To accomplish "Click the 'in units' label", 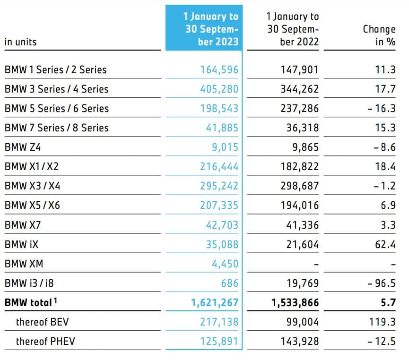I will click(20, 42).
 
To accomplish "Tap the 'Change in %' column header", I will click(379, 35).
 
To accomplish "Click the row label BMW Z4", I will click(23, 147).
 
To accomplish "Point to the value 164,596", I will click(219, 70).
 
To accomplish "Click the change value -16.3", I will click(382, 108).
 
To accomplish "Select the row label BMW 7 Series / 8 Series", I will click(56, 128).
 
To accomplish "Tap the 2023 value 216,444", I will click(219, 166).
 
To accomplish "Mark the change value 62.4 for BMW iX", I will click(385, 244).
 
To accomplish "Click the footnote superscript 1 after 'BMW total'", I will click(56, 300).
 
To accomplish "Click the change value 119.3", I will click(383, 322).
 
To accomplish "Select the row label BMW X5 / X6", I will click(33, 206).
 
